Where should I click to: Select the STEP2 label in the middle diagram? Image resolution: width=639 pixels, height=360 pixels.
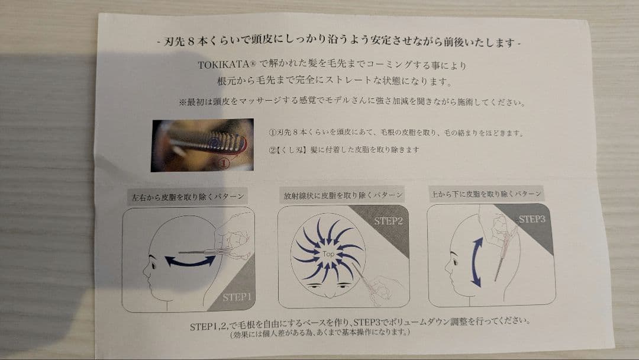click(388, 221)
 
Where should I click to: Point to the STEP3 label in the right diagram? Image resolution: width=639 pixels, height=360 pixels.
click(531, 219)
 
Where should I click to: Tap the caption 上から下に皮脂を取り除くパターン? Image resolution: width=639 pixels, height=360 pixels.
click(486, 193)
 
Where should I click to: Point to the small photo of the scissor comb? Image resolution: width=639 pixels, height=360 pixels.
click(202, 145)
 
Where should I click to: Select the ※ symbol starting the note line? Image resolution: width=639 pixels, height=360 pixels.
click(182, 102)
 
